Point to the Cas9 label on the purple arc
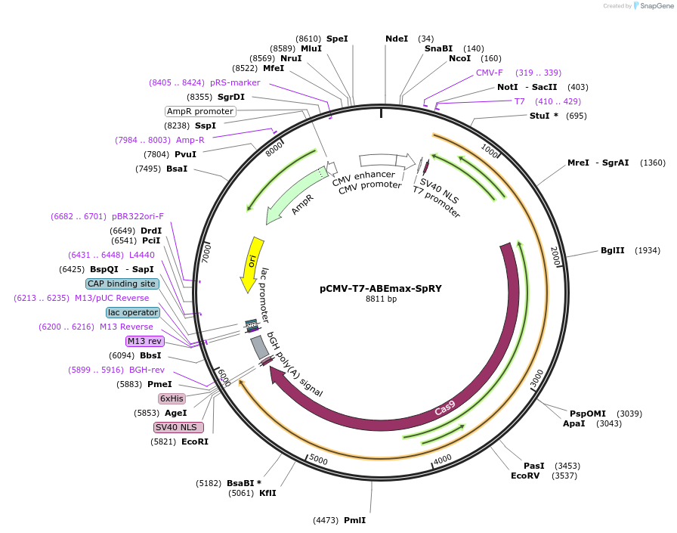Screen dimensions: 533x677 (x=445, y=409)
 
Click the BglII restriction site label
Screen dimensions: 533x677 (x=612, y=250)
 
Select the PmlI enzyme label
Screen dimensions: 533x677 (x=354, y=520)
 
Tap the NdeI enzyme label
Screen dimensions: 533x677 (x=396, y=39)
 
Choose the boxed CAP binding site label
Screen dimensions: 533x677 (x=122, y=284)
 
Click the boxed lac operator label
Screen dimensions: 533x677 (x=133, y=312)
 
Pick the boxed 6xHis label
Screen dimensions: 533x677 (x=172, y=398)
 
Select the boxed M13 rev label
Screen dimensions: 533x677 (x=144, y=341)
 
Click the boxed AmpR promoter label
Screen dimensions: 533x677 (x=200, y=111)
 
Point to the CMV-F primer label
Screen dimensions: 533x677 (x=489, y=73)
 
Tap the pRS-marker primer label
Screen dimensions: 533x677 (x=235, y=82)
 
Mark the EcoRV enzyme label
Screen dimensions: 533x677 (x=526, y=476)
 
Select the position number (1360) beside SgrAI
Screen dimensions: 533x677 (x=653, y=163)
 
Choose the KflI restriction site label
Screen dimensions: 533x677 (x=267, y=493)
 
